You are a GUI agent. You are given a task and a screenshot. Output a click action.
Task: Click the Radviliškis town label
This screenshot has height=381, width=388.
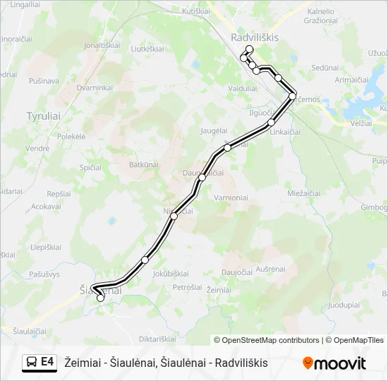[x=255, y=37]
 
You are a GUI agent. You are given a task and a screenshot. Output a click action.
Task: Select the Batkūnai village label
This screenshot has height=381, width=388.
[x=144, y=164]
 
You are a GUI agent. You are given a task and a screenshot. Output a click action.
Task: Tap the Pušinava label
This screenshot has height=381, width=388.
[x=44, y=81]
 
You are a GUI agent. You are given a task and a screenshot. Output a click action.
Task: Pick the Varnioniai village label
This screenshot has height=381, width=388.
[x=231, y=198]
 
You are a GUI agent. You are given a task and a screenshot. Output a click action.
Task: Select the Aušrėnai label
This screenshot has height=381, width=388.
[x=269, y=270]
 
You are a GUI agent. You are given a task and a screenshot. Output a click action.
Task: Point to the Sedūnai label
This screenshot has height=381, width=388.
[x=325, y=68]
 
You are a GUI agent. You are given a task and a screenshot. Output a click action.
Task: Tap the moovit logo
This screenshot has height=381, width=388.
[x=334, y=363]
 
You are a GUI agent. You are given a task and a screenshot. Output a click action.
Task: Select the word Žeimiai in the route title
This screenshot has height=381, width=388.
[x=82, y=363]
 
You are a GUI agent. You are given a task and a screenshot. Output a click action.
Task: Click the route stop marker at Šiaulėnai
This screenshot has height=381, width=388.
[x=100, y=298]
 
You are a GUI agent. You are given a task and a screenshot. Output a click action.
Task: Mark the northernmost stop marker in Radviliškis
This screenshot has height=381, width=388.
[x=249, y=49]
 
